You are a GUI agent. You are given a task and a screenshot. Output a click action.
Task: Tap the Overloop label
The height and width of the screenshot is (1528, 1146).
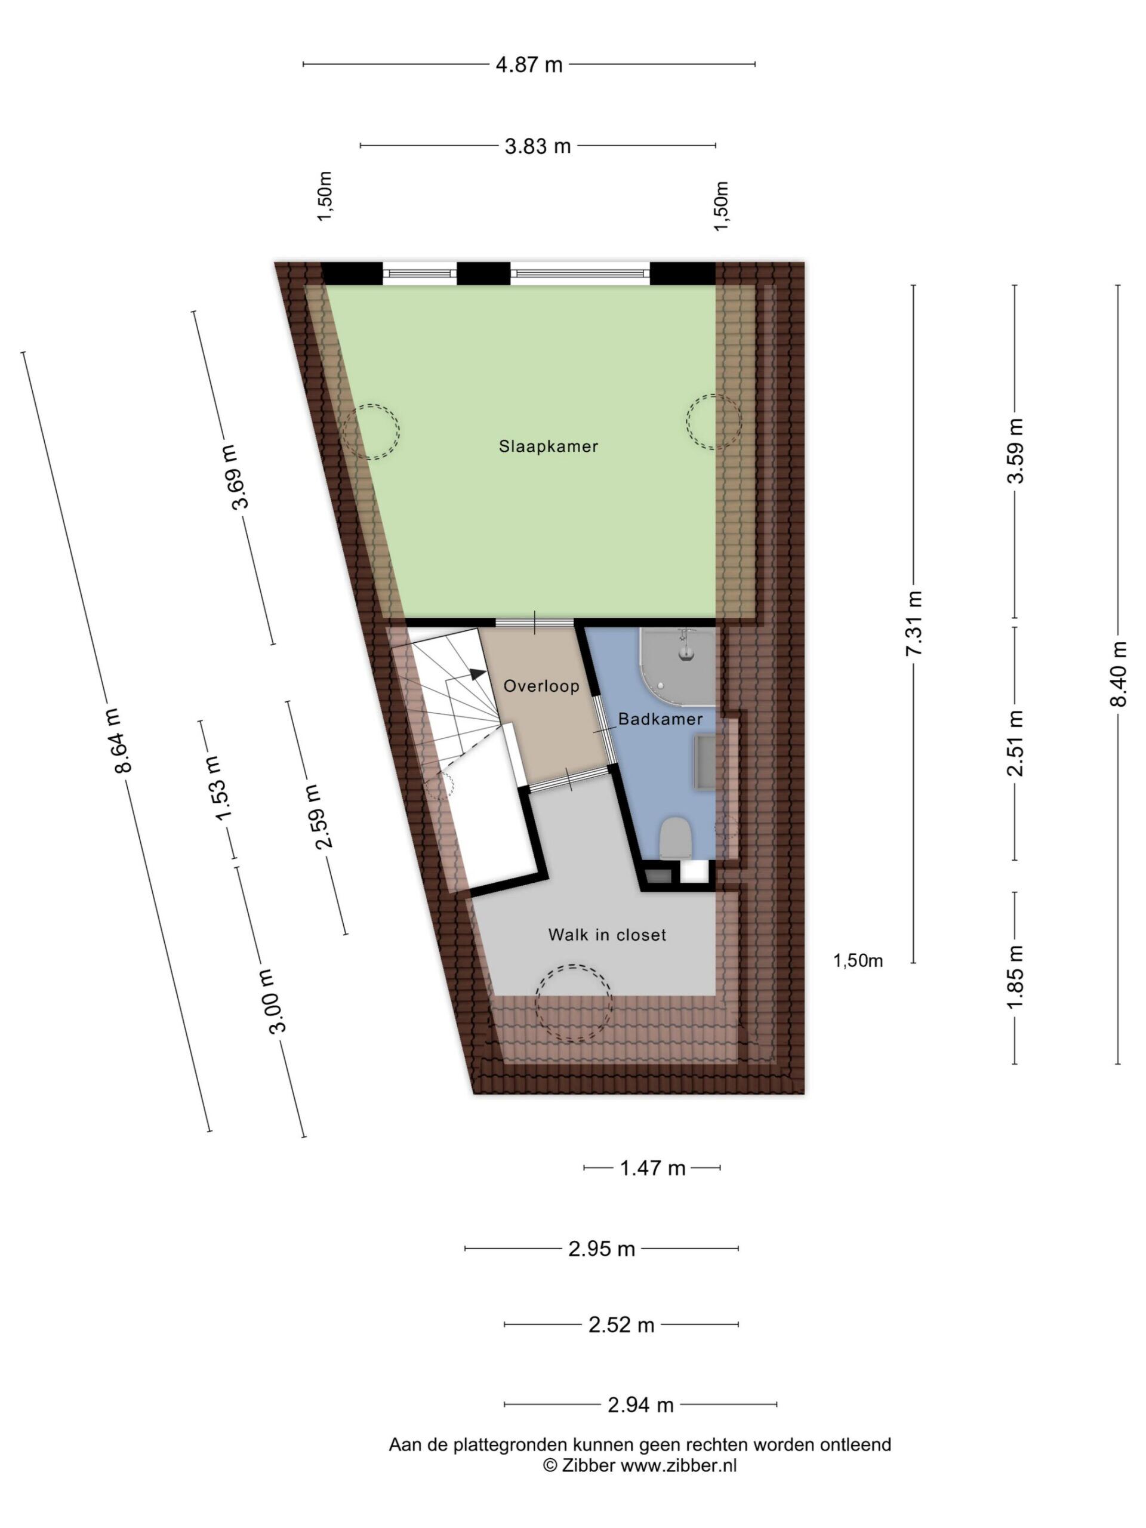click(x=541, y=686)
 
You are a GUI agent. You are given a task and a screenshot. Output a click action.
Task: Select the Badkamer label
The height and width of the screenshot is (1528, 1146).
click(x=660, y=719)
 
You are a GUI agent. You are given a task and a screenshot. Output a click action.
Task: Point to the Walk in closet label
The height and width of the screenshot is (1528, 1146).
click(x=606, y=935)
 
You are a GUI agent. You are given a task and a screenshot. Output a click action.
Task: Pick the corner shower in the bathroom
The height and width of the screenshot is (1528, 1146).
click(x=677, y=667)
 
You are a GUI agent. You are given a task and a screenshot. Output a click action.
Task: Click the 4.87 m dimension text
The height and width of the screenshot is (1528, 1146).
click(x=529, y=65)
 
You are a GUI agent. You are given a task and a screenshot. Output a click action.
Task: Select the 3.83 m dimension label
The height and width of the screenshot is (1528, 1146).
click(x=537, y=146)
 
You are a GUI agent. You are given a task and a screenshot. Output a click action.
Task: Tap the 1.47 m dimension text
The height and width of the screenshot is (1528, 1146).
click(x=652, y=1167)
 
